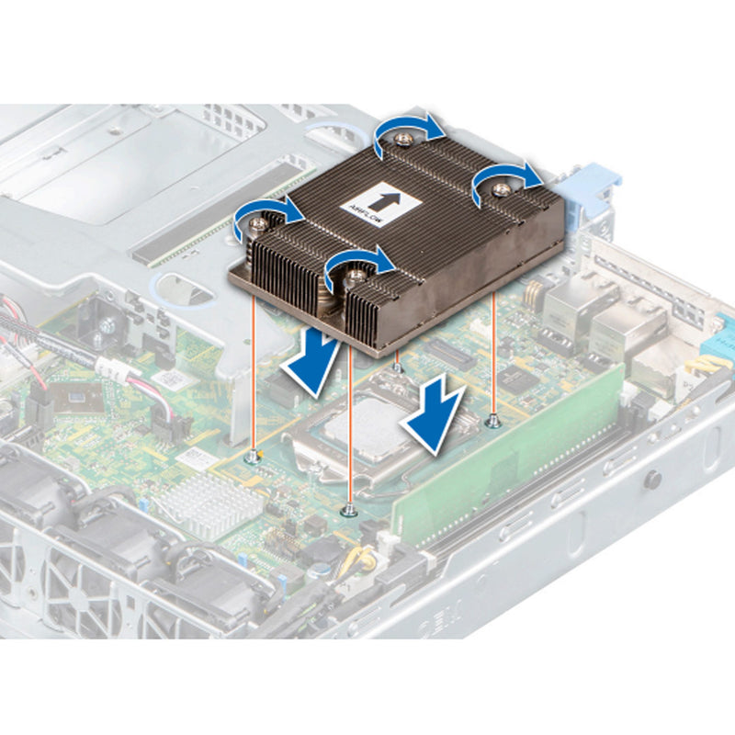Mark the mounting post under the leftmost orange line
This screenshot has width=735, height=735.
pyautogui.click(x=253, y=457)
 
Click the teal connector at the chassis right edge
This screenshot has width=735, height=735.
pyautogui.click(x=722, y=331)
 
